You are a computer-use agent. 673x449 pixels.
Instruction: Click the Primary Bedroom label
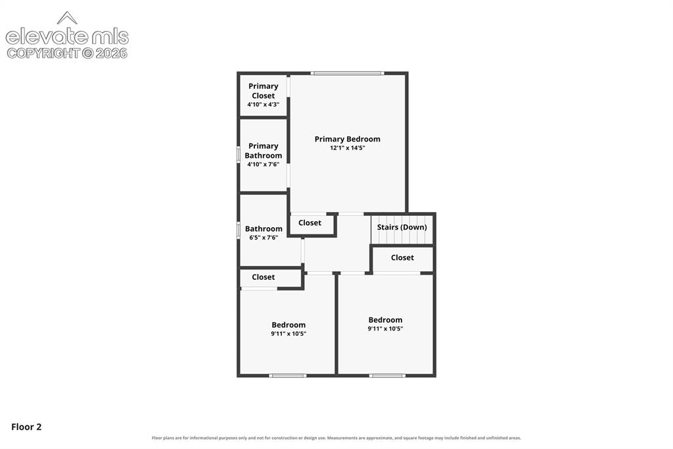click(x=347, y=139)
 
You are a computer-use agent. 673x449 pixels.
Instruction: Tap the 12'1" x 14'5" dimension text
click(x=347, y=148)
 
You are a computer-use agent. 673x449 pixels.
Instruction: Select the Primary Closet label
click(x=263, y=91)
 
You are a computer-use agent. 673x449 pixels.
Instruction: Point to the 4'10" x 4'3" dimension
click(x=263, y=105)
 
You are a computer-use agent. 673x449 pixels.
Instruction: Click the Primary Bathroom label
click(x=263, y=151)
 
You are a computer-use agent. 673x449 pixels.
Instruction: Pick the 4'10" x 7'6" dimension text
click(x=263, y=165)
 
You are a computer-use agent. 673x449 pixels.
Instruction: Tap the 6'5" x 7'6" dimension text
click(x=264, y=238)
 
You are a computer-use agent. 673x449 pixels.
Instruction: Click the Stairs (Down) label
click(x=402, y=227)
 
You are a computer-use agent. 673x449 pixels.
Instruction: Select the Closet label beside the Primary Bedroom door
click(x=310, y=223)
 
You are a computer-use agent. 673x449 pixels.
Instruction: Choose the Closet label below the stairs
click(x=402, y=257)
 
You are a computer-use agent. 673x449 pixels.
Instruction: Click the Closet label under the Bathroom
click(x=263, y=277)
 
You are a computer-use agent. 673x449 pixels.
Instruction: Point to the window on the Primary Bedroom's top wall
click(x=347, y=73)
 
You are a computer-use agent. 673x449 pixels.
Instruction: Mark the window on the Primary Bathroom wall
click(x=239, y=155)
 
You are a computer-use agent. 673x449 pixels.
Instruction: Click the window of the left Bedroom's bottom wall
click(x=288, y=375)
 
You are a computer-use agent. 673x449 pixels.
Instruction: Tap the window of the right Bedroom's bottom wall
click(x=386, y=375)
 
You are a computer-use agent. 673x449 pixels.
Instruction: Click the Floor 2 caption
click(x=26, y=427)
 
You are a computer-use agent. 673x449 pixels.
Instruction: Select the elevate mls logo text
click(x=67, y=37)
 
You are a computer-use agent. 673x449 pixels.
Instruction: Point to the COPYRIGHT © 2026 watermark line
click(x=67, y=53)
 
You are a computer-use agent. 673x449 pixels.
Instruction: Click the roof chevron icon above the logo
click(x=67, y=18)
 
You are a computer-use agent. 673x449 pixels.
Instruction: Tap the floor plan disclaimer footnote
click(x=336, y=438)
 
